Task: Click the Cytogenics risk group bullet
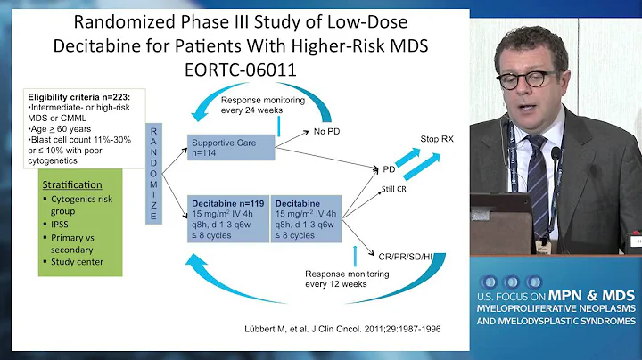84,210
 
